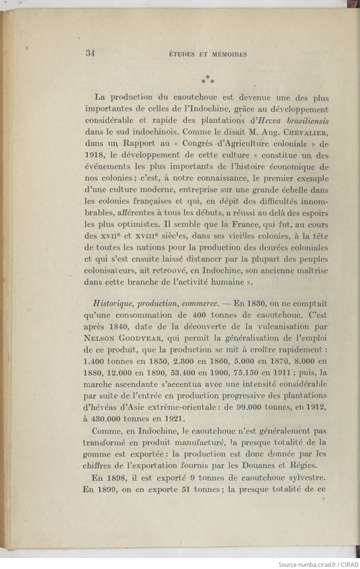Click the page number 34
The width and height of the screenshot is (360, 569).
(90, 53)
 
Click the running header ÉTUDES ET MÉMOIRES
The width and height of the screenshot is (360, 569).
(208, 55)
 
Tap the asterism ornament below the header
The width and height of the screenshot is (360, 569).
(208, 79)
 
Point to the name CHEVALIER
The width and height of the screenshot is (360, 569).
(307, 132)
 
